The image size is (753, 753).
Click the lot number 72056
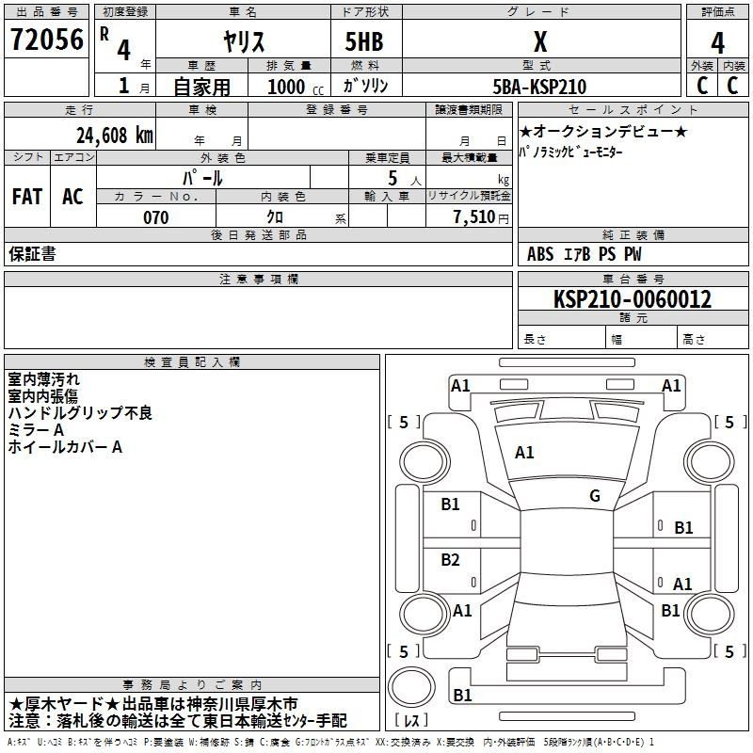[47, 40]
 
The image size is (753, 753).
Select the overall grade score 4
[717, 43]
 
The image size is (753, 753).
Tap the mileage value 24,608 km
[115, 136]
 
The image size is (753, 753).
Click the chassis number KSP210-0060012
[633, 299]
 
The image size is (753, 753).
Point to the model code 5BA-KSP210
[539, 87]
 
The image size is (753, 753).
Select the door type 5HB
[364, 41]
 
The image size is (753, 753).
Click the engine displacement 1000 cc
[296, 88]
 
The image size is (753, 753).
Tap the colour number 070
[156, 217]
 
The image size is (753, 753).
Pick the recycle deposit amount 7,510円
[481, 217]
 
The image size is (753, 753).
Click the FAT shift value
[27, 197]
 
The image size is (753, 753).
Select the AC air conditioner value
[72, 197]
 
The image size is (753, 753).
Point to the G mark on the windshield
[595, 496]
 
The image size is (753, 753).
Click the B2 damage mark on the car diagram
[450, 559]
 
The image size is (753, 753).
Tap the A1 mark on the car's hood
[524, 453]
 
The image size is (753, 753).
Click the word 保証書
[32, 254]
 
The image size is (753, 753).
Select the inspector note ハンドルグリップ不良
[80, 413]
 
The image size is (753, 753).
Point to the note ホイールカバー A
[65, 447]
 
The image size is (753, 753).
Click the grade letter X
[540, 41]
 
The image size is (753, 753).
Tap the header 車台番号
[633, 279]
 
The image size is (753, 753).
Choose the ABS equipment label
[540, 254]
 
